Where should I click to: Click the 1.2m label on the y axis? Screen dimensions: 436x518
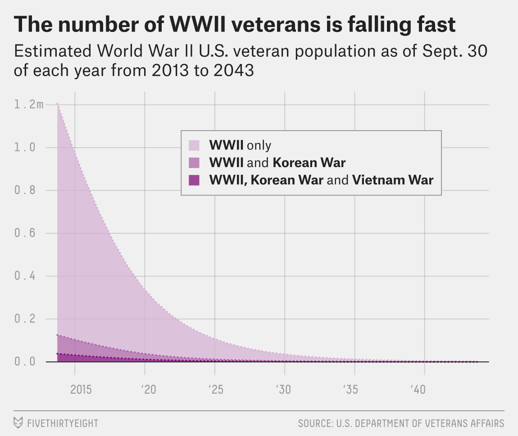(x=29, y=105)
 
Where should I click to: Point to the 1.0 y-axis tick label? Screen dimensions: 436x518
(x=24, y=148)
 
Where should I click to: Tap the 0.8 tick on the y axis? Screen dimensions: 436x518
(x=24, y=191)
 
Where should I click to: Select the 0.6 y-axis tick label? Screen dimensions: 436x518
(x=24, y=233)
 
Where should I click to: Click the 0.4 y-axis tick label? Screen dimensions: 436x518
(x=24, y=276)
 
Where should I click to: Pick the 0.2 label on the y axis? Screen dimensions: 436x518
(x=24, y=319)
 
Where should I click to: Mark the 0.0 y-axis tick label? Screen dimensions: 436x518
(x=24, y=362)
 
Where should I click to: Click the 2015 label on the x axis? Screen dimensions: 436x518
(x=81, y=389)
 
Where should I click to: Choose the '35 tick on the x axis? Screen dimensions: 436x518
(x=353, y=389)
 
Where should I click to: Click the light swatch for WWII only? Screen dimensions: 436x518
(x=194, y=145)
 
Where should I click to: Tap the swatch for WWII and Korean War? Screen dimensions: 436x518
(x=194, y=162)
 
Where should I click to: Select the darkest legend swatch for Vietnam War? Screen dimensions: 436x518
(x=194, y=180)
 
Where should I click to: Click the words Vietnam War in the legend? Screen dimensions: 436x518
(x=392, y=180)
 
